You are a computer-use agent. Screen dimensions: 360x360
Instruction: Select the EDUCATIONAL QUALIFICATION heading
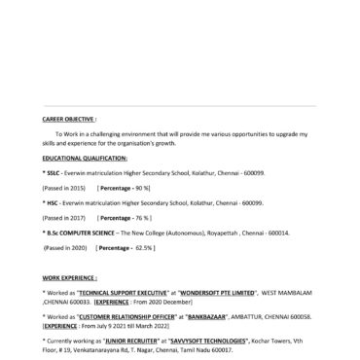click(x=85, y=157)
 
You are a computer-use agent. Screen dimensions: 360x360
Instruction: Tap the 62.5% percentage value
click(x=145, y=249)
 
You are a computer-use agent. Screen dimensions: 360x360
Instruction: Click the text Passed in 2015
click(x=65, y=187)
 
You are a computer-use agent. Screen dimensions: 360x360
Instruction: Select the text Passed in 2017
click(x=65, y=219)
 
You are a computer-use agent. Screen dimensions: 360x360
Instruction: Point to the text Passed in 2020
click(x=66, y=249)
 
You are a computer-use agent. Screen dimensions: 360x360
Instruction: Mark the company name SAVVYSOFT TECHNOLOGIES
click(x=214, y=340)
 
